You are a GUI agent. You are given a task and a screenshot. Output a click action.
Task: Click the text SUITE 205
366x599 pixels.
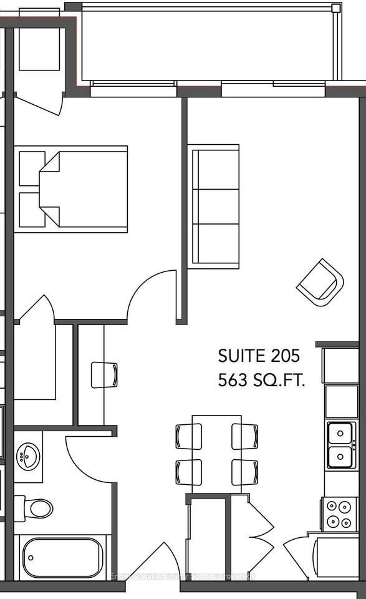tap(259, 356)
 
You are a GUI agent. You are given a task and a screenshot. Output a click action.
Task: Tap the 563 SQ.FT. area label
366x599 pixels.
tap(261, 381)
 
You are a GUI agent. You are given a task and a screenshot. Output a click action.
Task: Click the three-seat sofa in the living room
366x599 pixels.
tap(215, 207)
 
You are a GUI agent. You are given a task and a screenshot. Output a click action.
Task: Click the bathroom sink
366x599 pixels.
tap(28, 456)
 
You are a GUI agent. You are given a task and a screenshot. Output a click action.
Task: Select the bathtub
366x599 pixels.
tap(62, 558)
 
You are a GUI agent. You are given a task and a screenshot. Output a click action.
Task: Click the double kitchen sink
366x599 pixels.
tap(342, 445)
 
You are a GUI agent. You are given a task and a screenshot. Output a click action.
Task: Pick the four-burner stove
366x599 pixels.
tap(339, 514)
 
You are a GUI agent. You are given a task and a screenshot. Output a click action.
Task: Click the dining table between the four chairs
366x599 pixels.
tap(216, 449)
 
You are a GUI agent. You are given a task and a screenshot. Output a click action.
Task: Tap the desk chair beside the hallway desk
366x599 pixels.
tap(104, 374)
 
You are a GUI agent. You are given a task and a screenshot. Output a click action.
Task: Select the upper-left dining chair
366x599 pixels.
tap(189, 436)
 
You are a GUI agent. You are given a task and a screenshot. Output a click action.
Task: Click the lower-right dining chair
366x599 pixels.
tap(244, 472)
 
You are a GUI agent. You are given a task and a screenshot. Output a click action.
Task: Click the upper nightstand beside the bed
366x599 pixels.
tap(31, 168)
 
